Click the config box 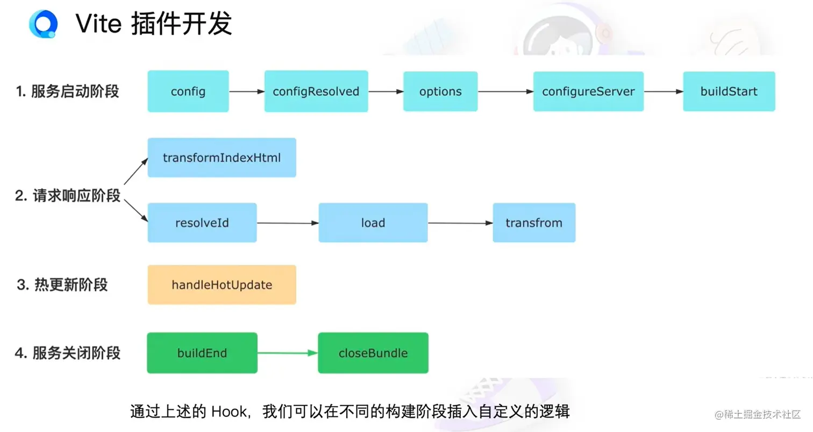pyautogui.click(x=188, y=91)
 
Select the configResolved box pyautogui.click(x=316, y=91)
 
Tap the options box pyautogui.click(x=440, y=91)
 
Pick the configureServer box pyautogui.click(x=588, y=91)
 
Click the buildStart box pyautogui.click(x=729, y=91)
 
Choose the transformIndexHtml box pyautogui.click(x=222, y=158)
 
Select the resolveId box pyautogui.click(x=202, y=223)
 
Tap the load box pyautogui.click(x=373, y=223)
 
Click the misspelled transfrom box pyautogui.click(x=534, y=223)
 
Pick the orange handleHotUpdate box pyautogui.click(x=222, y=285)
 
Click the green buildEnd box pyautogui.click(x=202, y=353)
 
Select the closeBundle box pyautogui.click(x=373, y=353)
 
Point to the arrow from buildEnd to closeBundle pyautogui.click(x=288, y=353)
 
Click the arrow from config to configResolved pyautogui.click(x=246, y=91)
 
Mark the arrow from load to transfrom pyautogui.click(x=460, y=223)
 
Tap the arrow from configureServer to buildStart pyautogui.click(x=663, y=91)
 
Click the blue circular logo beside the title pyautogui.click(x=42, y=24)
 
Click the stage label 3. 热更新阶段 pyautogui.click(x=62, y=285)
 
